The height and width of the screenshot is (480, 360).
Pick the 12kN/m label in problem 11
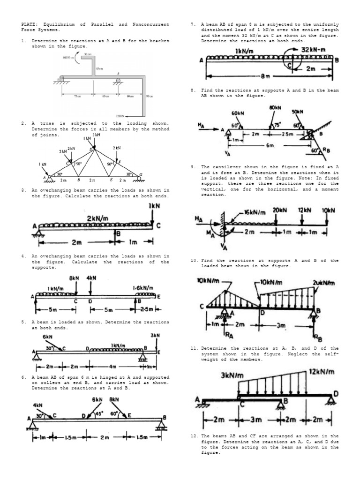[322, 372]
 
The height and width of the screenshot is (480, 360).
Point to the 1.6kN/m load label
[144, 286]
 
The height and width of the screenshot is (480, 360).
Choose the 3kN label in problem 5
[155, 335]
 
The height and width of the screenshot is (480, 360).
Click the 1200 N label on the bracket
[120, 114]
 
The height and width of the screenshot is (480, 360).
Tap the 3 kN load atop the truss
[96, 135]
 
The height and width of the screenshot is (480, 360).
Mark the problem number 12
[193, 436]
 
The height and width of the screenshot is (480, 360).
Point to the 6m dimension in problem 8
[270, 146]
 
